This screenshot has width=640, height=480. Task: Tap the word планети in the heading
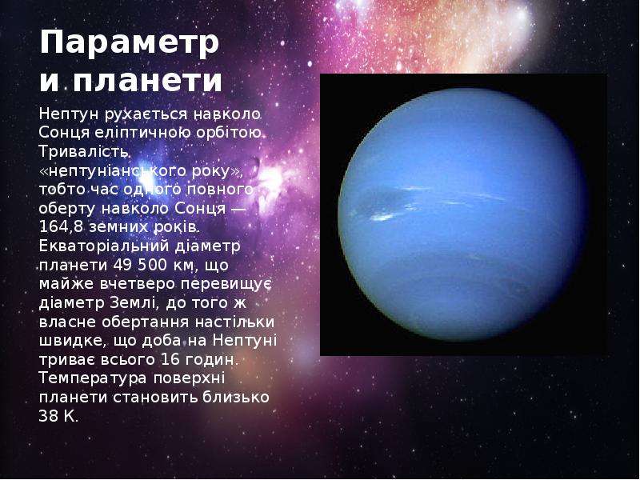147,81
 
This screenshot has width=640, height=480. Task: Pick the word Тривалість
84,151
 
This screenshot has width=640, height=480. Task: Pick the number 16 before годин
170,359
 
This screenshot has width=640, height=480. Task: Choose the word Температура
93,378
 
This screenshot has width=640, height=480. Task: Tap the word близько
235,397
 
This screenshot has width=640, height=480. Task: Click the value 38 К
58,416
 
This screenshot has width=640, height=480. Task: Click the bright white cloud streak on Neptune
383,217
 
